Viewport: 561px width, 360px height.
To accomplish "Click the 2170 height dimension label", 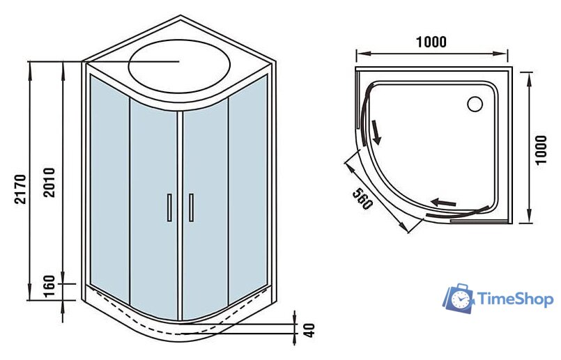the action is pyautogui.click(x=20, y=189).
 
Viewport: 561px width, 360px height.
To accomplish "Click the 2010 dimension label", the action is pyautogui.click(x=49, y=182).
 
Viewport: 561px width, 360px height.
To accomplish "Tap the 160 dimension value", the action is pyautogui.click(x=49, y=285).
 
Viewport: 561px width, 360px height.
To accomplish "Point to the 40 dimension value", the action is pyautogui.click(x=310, y=330).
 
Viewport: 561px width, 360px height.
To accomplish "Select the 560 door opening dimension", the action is pyautogui.click(x=362, y=198).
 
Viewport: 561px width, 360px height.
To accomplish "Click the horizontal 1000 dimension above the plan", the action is pyautogui.click(x=431, y=42).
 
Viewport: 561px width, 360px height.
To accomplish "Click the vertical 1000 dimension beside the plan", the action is pyautogui.click(x=541, y=150).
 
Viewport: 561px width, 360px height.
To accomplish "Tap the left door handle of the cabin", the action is pyautogui.click(x=169, y=208).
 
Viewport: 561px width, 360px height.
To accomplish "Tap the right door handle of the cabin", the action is pyautogui.click(x=192, y=208).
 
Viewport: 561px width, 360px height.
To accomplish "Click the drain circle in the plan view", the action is pyautogui.click(x=475, y=104).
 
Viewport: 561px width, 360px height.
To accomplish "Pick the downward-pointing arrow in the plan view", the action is pyautogui.click(x=376, y=132).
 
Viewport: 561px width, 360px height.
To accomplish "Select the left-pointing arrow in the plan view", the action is pyautogui.click(x=443, y=203).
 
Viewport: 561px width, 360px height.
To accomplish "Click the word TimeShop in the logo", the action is pyautogui.click(x=516, y=299).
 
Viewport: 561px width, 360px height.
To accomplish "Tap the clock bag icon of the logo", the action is pyautogui.click(x=459, y=299).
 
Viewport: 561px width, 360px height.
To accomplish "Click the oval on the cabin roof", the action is pyautogui.click(x=179, y=66).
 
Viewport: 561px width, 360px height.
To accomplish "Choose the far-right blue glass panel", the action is pyautogui.click(x=248, y=186).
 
